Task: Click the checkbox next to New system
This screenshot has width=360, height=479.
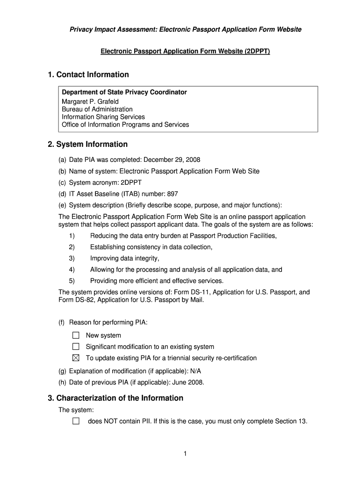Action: [x=76, y=335]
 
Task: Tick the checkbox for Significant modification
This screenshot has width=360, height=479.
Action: [x=76, y=347]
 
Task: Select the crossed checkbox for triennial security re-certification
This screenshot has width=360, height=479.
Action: [x=76, y=358]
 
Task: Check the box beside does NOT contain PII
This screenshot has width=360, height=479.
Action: [x=76, y=421]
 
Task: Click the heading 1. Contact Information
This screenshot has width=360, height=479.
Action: [x=88, y=75]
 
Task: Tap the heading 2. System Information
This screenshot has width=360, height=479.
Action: [x=87, y=145]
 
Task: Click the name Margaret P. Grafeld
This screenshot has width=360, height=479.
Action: [x=90, y=102]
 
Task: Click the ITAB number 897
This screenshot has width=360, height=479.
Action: [x=173, y=194]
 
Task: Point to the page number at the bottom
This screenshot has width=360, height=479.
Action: [x=185, y=454]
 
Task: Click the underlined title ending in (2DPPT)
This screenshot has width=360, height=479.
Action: [x=185, y=51]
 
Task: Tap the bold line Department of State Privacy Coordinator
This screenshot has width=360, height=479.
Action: [x=124, y=92]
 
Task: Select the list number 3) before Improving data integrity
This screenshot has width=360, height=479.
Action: [x=72, y=258]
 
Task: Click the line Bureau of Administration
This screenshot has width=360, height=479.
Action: [x=97, y=109]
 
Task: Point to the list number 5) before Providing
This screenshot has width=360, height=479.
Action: [x=72, y=281]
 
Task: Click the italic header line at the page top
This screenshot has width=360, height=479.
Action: [x=185, y=29]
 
